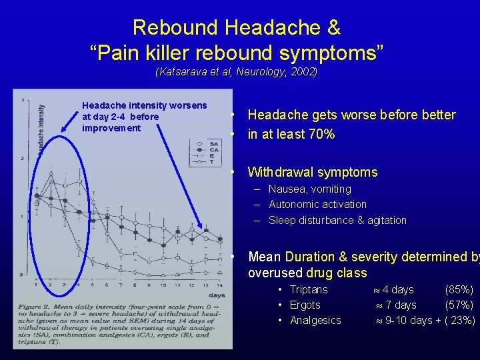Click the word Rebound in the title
[176, 28]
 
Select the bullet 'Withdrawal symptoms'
[312, 172]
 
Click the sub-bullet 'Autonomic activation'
[317, 204]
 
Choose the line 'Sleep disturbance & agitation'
[337, 220]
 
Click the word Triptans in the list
[309, 289]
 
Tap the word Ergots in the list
[305, 305]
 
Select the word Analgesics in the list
[315, 320]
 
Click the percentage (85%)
[459, 289]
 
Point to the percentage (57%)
[459, 305]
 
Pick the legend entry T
[212, 161]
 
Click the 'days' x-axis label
[217, 294]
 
